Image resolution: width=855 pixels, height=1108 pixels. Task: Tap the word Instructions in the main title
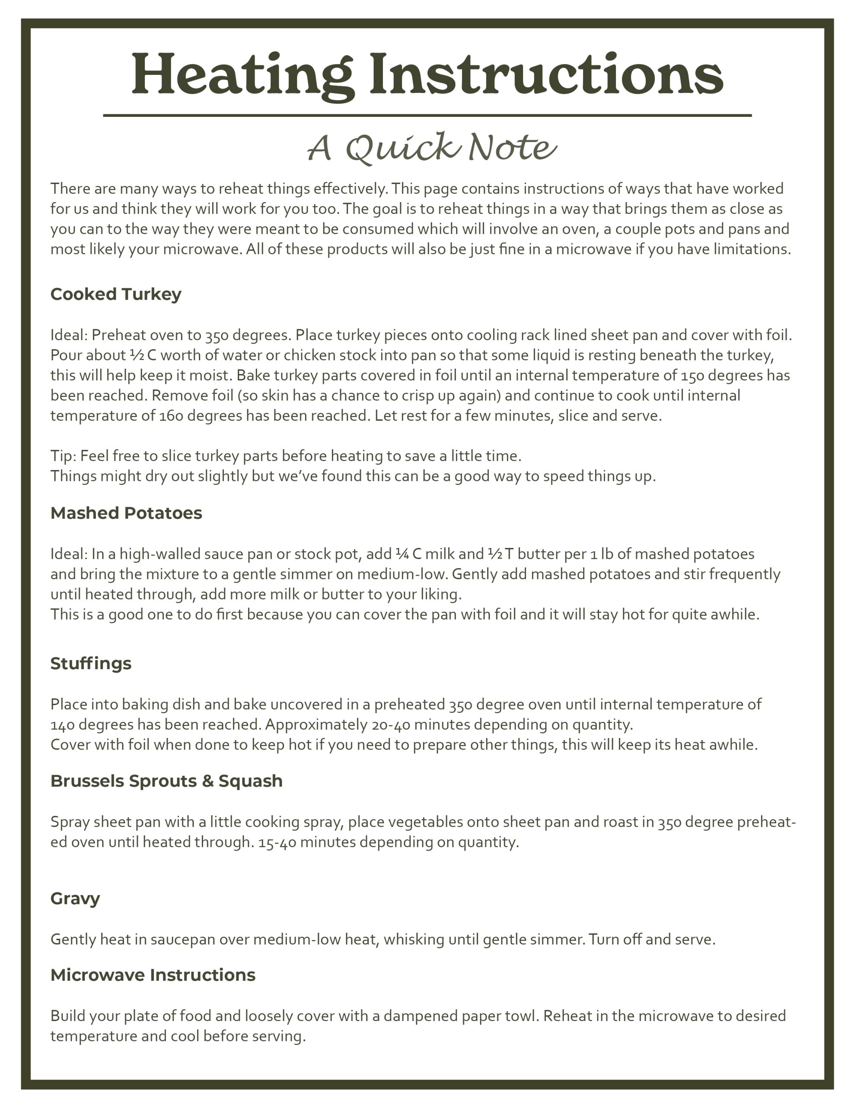[x=546, y=74]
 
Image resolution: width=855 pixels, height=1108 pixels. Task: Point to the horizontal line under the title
[x=427, y=116]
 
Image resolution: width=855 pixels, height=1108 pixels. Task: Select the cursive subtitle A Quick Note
[x=432, y=148]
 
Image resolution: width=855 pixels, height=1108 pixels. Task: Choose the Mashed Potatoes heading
[x=126, y=513]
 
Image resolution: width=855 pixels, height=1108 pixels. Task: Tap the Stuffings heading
[x=91, y=664]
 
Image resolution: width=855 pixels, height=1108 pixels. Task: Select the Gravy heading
[x=75, y=899]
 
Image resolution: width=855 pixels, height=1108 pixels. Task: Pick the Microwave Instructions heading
[x=153, y=975]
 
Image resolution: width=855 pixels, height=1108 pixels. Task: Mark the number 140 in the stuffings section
[x=62, y=725]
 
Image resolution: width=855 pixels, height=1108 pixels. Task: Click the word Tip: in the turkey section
[x=64, y=456]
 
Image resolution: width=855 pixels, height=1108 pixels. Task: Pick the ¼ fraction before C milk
[x=402, y=554]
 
